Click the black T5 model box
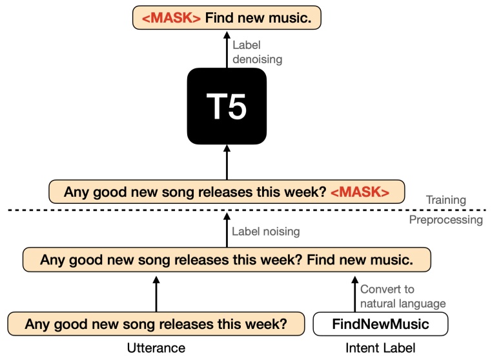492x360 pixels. [x=227, y=107]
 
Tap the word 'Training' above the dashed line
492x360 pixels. [x=446, y=200]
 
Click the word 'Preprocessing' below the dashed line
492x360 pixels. [x=446, y=220]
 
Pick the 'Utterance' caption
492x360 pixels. [x=156, y=348]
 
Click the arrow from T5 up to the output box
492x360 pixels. [x=227, y=50]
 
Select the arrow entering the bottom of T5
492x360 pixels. [x=227, y=163]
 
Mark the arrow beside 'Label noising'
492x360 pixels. [x=227, y=229]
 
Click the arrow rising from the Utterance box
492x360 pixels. [x=156, y=294]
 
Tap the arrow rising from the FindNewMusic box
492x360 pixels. [x=354, y=294]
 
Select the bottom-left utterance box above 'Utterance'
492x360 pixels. [x=156, y=323]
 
